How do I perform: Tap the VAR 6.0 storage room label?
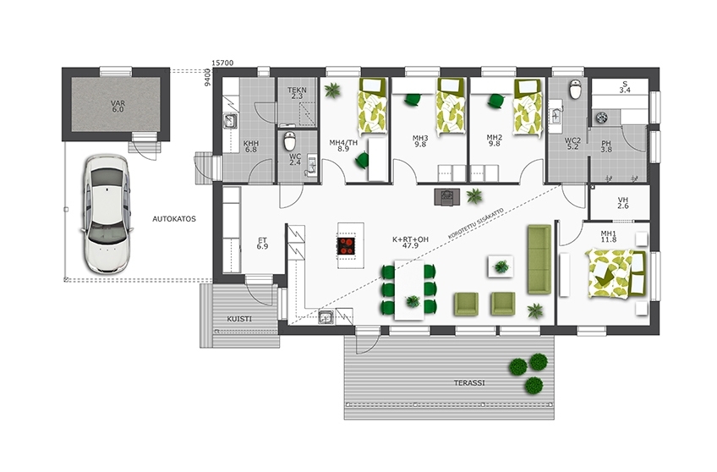(118, 107)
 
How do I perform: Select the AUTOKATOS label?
(174, 218)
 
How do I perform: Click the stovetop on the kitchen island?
(346, 245)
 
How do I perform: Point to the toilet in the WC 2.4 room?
(290, 141)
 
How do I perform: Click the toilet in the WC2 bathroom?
(575, 89)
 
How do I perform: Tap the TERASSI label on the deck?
(469, 383)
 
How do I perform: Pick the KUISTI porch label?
(239, 319)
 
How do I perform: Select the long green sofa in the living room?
(539, 259)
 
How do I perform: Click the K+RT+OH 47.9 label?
(411, 243)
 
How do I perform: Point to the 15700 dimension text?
(222, 63)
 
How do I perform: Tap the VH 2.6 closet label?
(623, 203)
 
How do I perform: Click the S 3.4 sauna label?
(625, 87)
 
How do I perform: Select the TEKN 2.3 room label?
(297, 93)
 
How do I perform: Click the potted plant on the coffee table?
(501, 266)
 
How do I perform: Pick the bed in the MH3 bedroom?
(451, 107)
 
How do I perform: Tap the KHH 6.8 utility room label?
(250, 145)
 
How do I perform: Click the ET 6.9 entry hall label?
(262, 244)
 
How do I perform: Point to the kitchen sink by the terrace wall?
(326, 317)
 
